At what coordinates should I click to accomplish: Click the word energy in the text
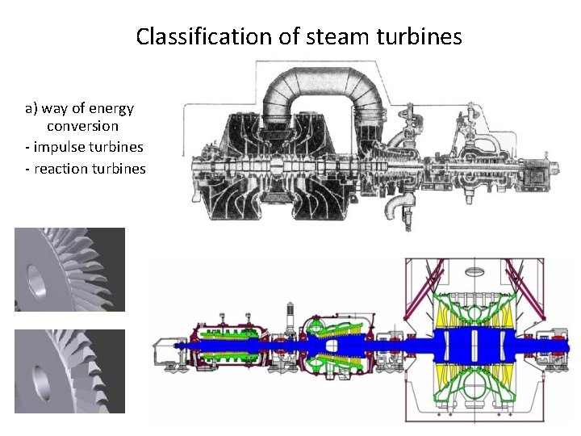111,108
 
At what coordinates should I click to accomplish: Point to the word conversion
82,127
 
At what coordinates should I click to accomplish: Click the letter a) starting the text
31,108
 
